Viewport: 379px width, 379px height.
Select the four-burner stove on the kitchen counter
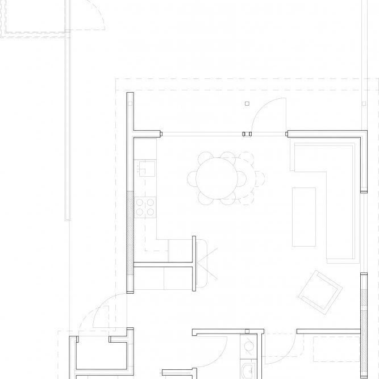[x=145, y=207]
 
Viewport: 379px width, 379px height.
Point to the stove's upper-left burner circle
[x=140, y=201]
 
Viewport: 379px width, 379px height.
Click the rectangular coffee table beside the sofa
[x=304, y=216]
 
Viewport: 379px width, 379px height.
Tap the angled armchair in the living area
[x=320, y=292]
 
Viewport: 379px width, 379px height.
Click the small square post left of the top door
[x=246, y=104]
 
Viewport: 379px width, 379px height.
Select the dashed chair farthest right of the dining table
[x=259, y=177]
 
